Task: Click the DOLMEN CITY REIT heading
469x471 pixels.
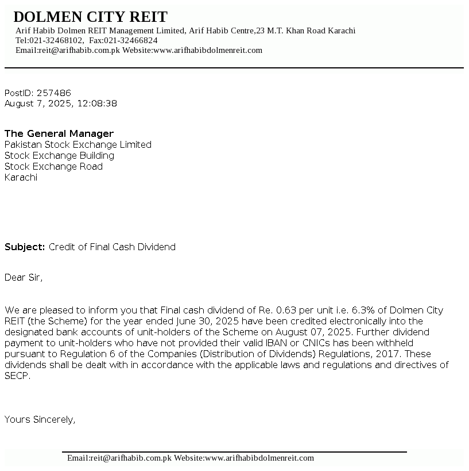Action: [x=90, y=17]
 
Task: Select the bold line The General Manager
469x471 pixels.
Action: [x=59, y=133]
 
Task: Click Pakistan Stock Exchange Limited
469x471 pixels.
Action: [x=78, y=144]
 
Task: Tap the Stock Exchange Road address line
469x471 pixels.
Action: [x=53, y=166]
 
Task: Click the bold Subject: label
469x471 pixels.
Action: [x=25, y=247]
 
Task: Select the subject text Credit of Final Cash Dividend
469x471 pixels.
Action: [x=112, y=247]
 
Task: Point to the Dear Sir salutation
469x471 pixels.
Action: [x=24, y=277]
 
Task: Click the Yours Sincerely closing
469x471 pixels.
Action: [x=40, y=419]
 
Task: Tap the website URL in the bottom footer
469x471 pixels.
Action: [x=259, y=458]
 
